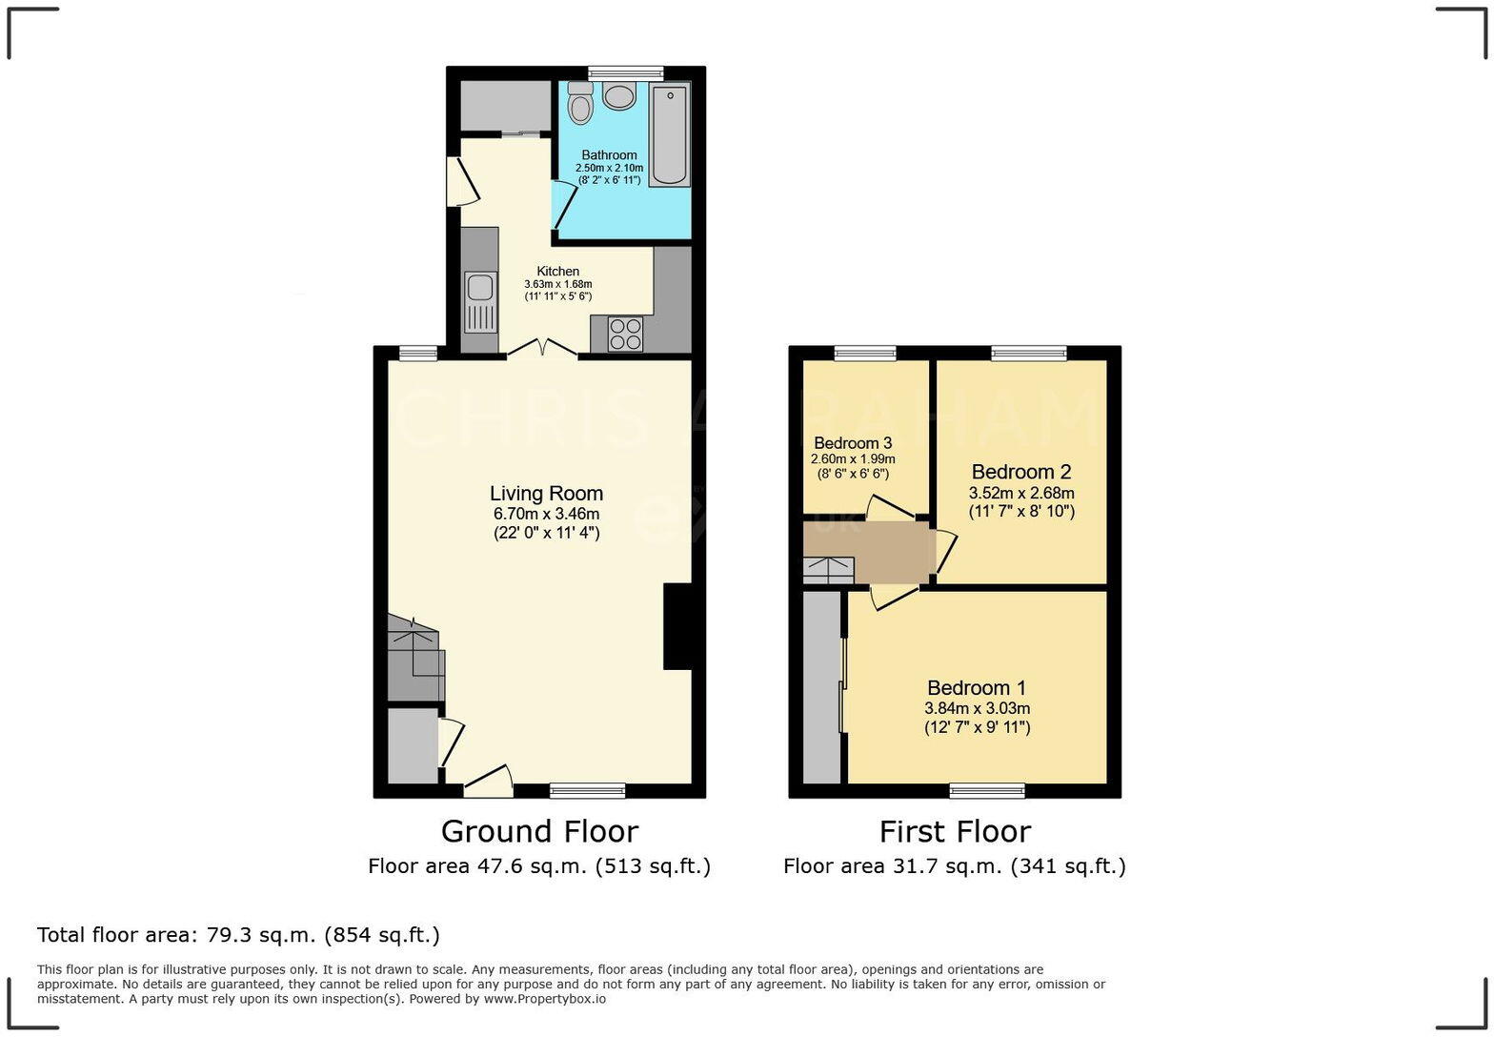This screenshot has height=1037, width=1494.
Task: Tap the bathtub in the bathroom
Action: [670, 133]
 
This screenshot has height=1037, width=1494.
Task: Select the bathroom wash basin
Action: [619, 96]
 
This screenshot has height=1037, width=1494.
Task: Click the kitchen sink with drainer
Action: [480, 302]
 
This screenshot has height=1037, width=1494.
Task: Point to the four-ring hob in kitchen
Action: [625, 334]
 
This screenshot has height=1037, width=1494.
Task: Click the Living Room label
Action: [546, 494]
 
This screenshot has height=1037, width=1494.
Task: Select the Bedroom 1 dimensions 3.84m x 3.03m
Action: [977, 708]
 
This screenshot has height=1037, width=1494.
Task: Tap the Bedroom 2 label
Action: [1021, 472]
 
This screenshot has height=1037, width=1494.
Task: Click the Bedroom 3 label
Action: [853, 443]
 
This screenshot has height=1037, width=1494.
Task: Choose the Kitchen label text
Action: [557, 272]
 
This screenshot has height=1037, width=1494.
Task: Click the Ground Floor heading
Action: [539, 831]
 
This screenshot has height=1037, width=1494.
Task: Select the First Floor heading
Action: [955, 831]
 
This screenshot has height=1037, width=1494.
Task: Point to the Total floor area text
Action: [238, 935]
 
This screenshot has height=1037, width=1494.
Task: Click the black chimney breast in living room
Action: [676, 626]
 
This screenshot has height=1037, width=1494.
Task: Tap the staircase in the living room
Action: [414, 658]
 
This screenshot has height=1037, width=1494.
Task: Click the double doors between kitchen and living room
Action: [542, 350]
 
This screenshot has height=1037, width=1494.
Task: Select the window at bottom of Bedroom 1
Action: [987, 790]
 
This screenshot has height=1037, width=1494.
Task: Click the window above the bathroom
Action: [625, 72]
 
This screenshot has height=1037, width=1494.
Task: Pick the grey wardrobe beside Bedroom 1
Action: [821, 687]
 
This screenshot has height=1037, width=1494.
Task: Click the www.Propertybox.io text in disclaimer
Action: [544, 999]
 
